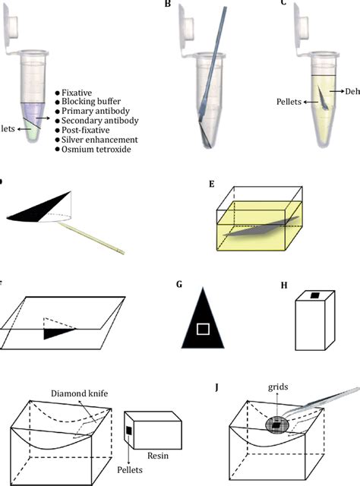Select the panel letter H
[284, 286]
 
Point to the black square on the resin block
[129, 431]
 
